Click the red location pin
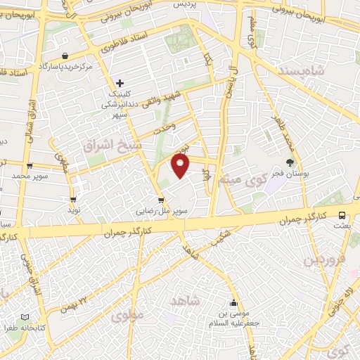[x=181, y=166]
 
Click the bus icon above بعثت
[x=342, y=216]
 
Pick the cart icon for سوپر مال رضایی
[x=162, y=200]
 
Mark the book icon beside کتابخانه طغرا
[x=27, y=317]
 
